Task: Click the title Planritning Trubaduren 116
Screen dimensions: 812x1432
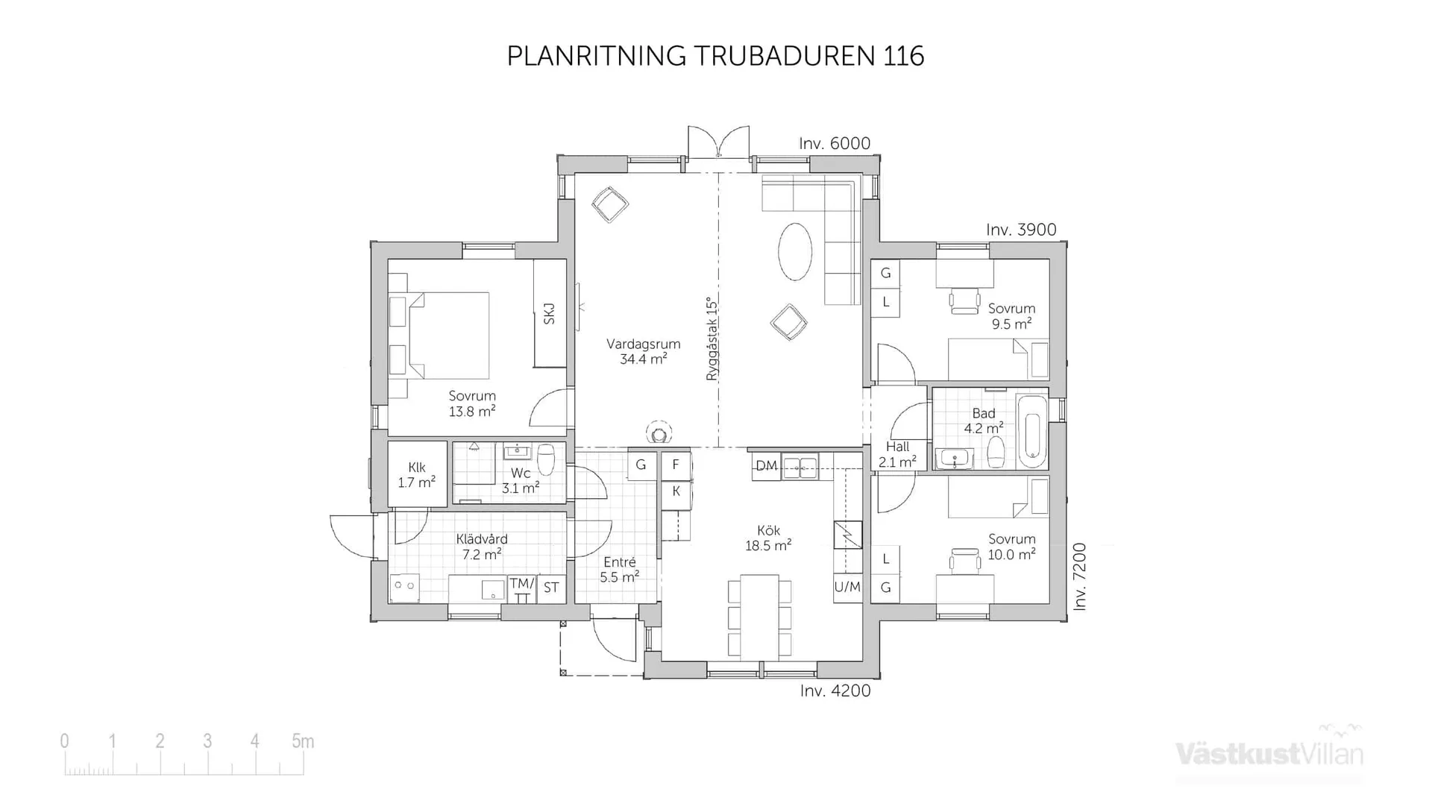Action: click(715, 56)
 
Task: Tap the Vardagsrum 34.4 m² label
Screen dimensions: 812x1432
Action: click(643, 351)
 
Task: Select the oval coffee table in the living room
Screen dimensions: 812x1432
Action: click(795, 252)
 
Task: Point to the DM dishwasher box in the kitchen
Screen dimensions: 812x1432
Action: click(766, 466)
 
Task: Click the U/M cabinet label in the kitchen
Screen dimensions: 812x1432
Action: click(847, 587)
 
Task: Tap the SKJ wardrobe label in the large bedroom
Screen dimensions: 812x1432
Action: click(550, 313)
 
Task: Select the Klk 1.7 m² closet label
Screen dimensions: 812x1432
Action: click(416, 475)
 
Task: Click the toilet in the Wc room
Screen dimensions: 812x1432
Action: click(546, 459)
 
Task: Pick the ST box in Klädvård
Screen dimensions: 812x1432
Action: click(551, 588)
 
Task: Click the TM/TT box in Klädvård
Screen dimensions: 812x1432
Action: click(522, 590)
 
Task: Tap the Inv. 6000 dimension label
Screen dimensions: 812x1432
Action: click(835, 144)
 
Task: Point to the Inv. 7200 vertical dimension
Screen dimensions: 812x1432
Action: click(1080, 576)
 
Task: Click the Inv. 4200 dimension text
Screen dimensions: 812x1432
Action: click(835, 691)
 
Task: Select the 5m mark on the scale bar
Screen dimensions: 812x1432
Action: click(303, 741)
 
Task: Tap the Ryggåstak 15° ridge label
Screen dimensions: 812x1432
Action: click(712, 339)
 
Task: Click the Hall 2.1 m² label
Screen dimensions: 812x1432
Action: click(897, 454)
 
